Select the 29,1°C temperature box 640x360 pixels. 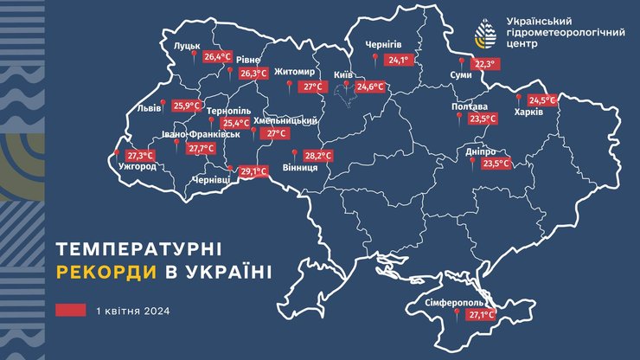coord(252,172)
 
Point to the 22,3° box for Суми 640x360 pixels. coord(485,64)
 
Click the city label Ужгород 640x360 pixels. coord(137,166)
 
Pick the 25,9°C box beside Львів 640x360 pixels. coord(185,106)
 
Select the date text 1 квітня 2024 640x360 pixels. coord(131,311)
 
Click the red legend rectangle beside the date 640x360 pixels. coord(71,311)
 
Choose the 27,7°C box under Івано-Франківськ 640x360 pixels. coord(200,148)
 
